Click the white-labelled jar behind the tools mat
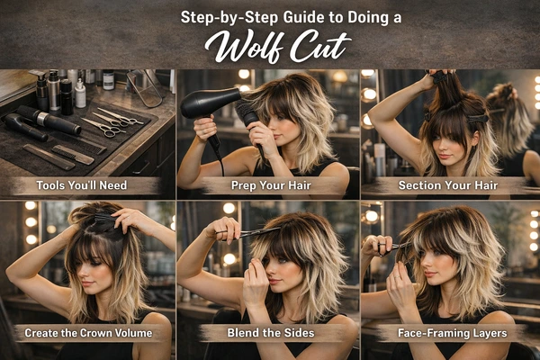pos(108,80)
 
